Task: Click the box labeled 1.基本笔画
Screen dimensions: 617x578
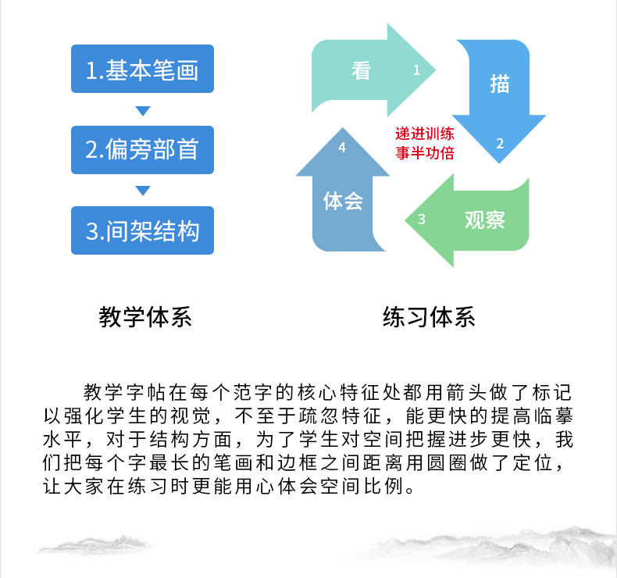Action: pyautogui.click(x=142, y=70)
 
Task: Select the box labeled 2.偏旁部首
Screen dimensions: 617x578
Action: pyautogui.click(x=142, y=149)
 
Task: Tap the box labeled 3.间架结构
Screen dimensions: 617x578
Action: pyautogui.click(x=142, y=230)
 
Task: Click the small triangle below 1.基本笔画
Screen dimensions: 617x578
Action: pyautogui.click(x=142, y=110)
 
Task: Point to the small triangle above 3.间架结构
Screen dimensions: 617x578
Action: pyautogui.click(x=142, y=191)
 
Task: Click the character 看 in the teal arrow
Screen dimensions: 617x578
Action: pyautogui.click(x=361, y=70)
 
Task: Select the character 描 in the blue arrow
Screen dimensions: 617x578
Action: pyautogui.click(x=500, y=84)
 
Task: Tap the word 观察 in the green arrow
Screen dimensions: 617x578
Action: pyautogui.click(x=485, y=219)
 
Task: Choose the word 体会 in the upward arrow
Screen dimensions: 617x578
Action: pyautogui.click(x=344, y=201)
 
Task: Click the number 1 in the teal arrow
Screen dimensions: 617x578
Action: pyautogui.click(x=416, y=70)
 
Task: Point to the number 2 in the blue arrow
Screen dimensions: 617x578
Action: pyautogui.click(x=500, y=142)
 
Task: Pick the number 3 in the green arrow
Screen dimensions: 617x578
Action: pyautogui.click(x=421, y=219)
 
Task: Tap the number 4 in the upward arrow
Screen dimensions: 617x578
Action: pyautogui.click(x=342, y=147)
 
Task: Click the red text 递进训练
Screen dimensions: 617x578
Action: pyautogui.click(x=425, y=134)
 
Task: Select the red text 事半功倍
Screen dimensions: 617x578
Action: pyautogui.click(x=425, y=153)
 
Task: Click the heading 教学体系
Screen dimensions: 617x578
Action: pyautogui.click(x=145, y=318)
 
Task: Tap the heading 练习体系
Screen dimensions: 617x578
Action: pyautogui.click(x=429, y=318)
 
